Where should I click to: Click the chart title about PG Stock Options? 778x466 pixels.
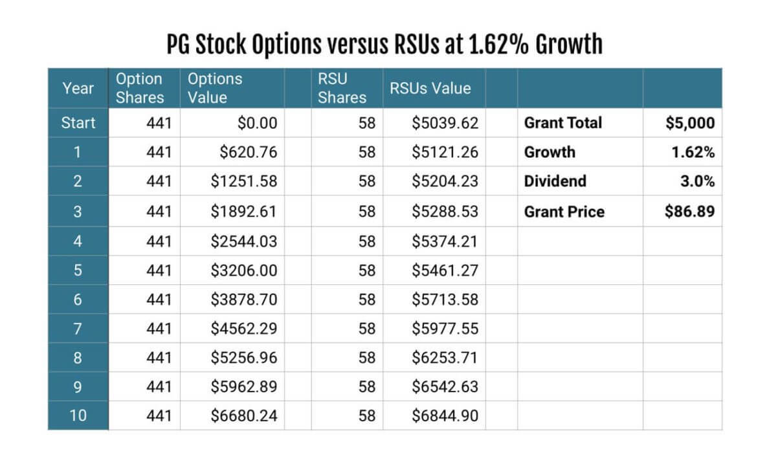[x=384, y=45]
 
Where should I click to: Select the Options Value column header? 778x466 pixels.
[x=215, y=88]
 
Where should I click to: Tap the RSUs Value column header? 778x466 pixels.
[x=430, y=89]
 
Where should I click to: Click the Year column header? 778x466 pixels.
[x=78, y=88]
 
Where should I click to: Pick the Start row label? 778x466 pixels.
[x=78, y=123]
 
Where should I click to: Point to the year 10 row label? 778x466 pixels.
[x=78, y=415]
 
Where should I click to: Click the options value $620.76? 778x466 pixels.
[x=248, y=152]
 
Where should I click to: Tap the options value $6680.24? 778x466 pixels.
[x=244, y=415]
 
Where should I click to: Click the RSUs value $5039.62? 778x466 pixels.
[x=445, y=123]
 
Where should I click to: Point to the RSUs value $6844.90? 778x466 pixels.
[x=445, y=415]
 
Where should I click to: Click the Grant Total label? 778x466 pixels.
[x=563, y=123]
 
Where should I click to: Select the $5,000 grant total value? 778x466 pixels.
[x=690, y=123]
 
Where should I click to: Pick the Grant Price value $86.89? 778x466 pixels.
[x=690, y=211]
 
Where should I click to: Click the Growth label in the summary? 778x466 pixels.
[x=550, y=152]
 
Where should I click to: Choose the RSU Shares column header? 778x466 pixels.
[x=342, y=88]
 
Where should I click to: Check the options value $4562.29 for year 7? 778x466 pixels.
[x=244, y=327]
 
